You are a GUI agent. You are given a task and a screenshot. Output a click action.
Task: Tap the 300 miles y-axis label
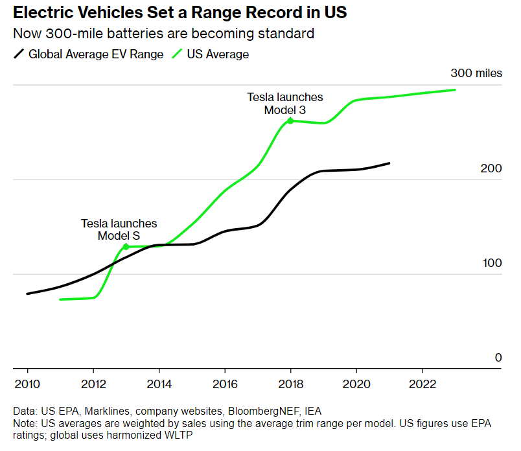476,73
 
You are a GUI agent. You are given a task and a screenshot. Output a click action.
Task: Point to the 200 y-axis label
491,168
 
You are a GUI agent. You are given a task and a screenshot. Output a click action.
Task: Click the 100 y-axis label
491,263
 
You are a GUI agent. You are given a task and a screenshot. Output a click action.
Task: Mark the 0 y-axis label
498,358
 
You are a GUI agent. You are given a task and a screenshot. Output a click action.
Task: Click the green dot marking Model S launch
126,247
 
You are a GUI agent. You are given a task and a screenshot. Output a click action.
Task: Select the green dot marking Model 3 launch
290,121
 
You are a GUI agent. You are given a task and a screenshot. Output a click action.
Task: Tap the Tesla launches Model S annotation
119,229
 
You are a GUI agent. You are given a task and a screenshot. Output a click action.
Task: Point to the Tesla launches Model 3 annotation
284,104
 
